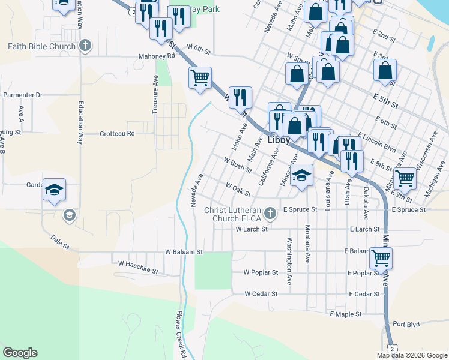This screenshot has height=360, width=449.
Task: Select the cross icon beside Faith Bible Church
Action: tap(86, 45)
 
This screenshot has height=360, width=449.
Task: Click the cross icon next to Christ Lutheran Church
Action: tap(271, 212)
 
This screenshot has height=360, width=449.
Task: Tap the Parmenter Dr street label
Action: tap(23, 95)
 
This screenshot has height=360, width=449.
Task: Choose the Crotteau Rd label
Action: tap(118, 133)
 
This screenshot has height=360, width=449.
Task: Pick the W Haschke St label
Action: tap(138, 267)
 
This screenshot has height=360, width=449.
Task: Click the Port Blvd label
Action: tap(406, 324)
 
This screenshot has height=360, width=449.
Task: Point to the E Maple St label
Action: tap(345, 314)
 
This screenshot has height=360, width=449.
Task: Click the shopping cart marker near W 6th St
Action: tap(200, 77)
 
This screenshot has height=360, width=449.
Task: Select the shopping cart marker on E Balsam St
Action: tap(381, 258)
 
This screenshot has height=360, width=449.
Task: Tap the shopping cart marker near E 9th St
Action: tap(406, 177)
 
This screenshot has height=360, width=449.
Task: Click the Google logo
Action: tap(20, 353)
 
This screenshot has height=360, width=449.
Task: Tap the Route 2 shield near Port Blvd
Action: tap(391, 348)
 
